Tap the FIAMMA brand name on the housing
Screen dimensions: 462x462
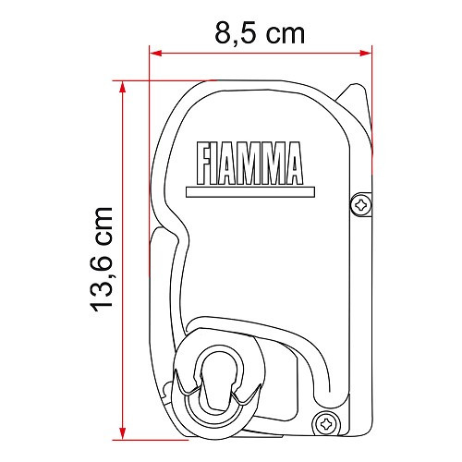[250, 164]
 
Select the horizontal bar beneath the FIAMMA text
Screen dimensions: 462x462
[250, 192]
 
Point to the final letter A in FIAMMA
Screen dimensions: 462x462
[294, 164]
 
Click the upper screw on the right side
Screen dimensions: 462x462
[359, 203]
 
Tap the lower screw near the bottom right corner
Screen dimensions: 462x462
[325, 423]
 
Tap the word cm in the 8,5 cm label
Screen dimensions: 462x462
[284, 35]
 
